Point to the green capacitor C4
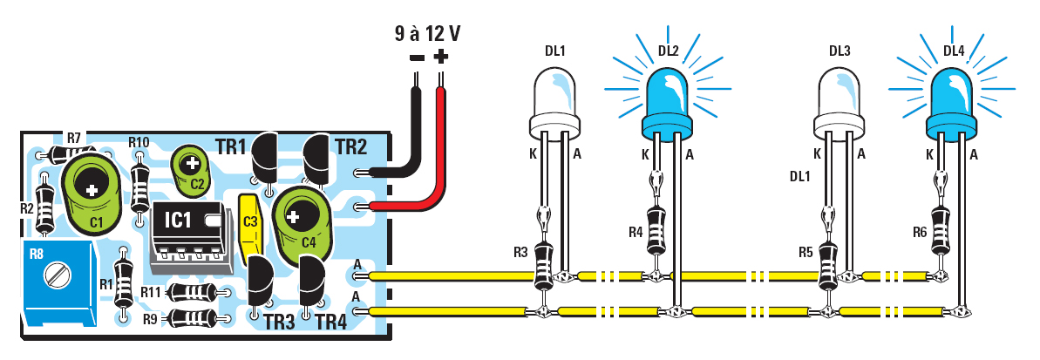coord(300,218)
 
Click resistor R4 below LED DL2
coord(655,228)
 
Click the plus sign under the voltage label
coord(441,58)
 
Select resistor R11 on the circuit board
coord(192,292)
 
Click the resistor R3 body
coord(543,262)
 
